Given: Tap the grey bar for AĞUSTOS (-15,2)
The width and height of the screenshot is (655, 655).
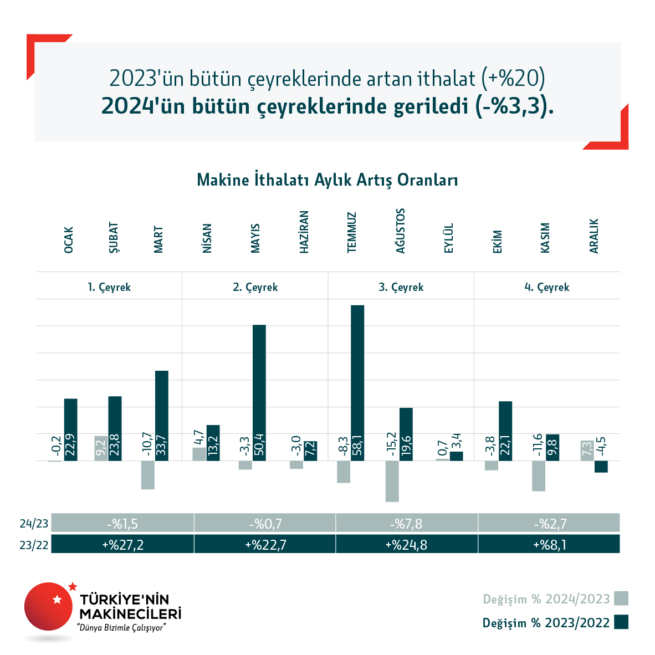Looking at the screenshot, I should tap(392, 481).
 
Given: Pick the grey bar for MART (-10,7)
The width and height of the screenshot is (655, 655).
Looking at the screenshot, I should tap(147, 475).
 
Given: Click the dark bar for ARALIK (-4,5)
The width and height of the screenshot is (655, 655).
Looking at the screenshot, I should tap(601, 467).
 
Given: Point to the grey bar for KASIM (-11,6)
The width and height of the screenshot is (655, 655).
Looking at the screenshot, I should tap(539, 475).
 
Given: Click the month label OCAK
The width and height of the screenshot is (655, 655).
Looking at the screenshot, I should tap(69, 240).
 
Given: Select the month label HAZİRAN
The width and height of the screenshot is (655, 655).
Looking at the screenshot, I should tap(304, 232).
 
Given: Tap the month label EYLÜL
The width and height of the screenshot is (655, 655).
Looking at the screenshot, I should tap(449, 238).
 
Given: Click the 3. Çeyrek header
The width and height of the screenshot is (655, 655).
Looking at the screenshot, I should tap(401, 287).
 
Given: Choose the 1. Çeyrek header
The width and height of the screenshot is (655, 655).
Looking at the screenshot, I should tap(109, 287).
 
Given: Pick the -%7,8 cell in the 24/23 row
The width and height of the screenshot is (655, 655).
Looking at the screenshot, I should tap(406, 524).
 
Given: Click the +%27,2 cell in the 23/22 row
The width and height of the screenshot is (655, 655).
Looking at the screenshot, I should tap(122, 545).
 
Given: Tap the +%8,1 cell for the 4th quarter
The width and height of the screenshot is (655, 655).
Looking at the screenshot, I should tap(549, 545).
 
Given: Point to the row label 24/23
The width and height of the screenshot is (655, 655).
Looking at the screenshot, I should tap(34, 524).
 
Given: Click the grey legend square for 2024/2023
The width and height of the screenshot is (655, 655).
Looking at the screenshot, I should tap(621, 598).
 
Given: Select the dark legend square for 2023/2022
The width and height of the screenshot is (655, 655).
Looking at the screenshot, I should tap(621, 622).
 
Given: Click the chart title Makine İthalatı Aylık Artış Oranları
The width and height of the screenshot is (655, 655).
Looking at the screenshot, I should tap(327, 180).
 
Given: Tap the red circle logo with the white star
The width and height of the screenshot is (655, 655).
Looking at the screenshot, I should tap(48, 606).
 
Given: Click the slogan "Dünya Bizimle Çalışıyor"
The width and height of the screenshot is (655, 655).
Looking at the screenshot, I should tap(122, 628).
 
